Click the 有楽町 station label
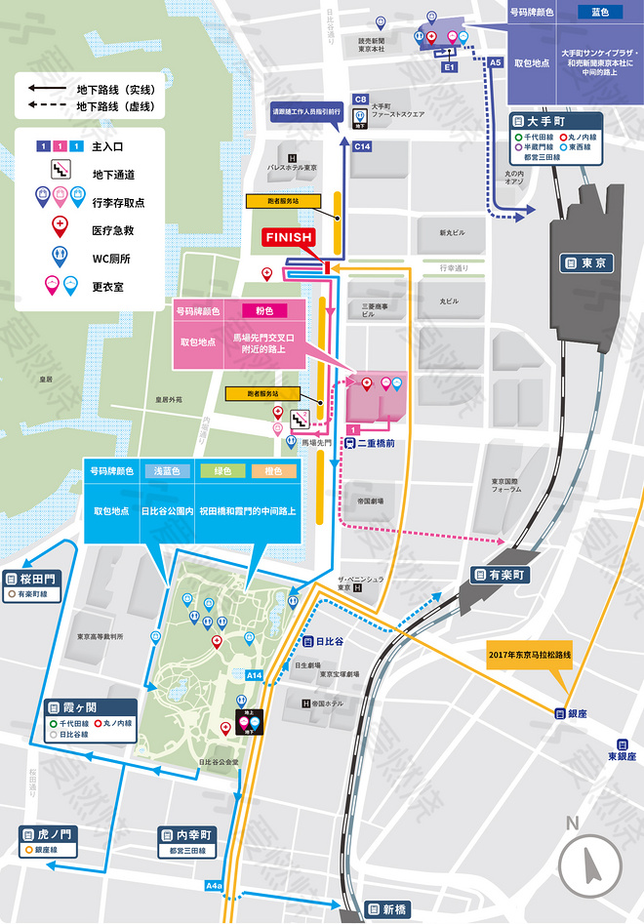503,574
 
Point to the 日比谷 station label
323,641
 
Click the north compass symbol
591,863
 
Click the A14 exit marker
254,674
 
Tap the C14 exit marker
363,146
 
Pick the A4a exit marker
215,886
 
